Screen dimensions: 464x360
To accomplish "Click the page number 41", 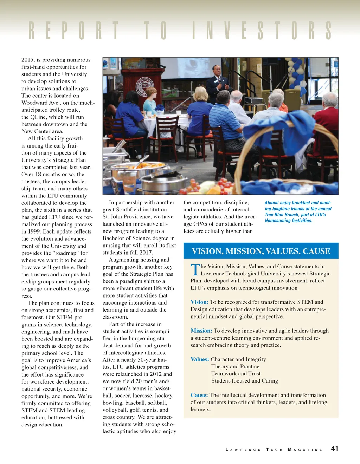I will point(335,448).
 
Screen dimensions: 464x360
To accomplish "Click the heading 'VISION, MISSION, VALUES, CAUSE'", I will point(261,251).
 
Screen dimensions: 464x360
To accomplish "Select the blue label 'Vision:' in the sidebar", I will point(199,302).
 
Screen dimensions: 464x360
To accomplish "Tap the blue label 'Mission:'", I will point(201,331).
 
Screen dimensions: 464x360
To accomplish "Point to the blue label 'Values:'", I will point(200,359).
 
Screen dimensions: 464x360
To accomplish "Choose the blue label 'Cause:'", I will point(199,395).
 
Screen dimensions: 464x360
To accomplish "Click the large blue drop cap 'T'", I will point(195,270).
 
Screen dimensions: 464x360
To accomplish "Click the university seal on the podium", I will point(145,86).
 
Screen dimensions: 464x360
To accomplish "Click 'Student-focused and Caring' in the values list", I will point(245,381).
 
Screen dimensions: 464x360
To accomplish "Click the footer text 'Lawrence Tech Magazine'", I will point(274,450).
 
